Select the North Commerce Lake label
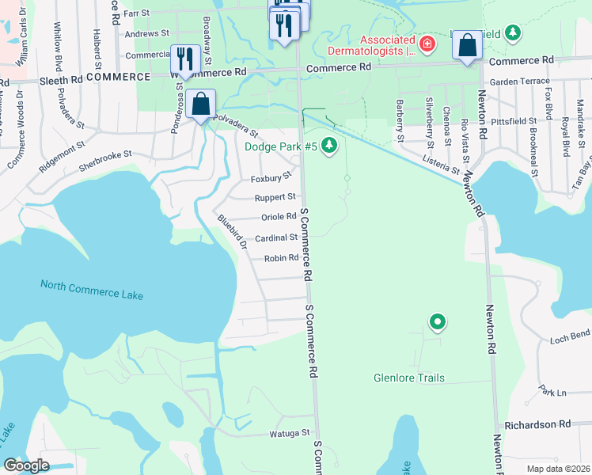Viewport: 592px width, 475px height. coord(92,290)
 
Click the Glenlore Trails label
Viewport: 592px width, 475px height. coord(409,378)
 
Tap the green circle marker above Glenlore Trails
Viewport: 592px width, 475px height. coord(437,321)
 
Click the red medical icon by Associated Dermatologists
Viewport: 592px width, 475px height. coord(427,43)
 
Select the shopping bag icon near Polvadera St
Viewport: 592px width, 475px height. coord(202,104)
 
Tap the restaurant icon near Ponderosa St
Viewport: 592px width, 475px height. coord(184,59)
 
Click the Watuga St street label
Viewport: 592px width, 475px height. coord(288,433)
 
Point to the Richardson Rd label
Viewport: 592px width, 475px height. coord(537,424)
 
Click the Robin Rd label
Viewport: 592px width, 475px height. coord(281,257)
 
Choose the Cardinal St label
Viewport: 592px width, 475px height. coord(276,237)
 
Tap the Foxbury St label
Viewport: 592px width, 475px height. coord(271,180)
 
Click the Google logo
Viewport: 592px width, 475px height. coord(26,465)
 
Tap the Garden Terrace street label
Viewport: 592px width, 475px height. coord(519,82)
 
